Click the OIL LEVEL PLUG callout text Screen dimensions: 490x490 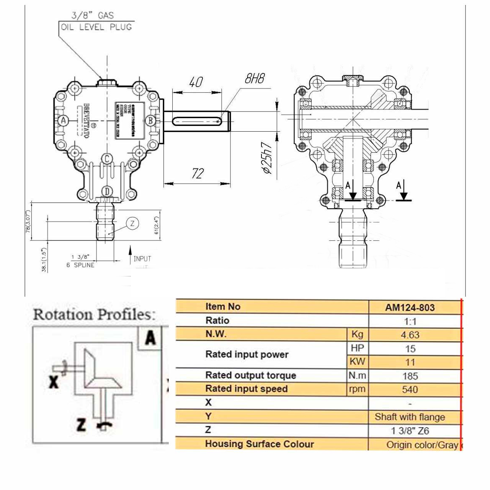[96, 27]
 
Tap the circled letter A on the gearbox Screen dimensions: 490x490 [64, 121]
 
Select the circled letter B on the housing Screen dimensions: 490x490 [150, 121]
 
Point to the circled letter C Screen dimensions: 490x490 [107, 159]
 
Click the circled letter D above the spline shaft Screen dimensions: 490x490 [107, 191]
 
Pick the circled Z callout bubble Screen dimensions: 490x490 [132, 224]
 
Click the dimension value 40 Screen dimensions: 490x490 [196, 82]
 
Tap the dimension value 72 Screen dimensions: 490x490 [197, 174]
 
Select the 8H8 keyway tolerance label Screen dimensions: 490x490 [255, 79]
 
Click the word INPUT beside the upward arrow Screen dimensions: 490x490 [142, 259]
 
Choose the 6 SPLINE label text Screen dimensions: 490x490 [80, 265]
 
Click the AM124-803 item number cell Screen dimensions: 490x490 [410, 307]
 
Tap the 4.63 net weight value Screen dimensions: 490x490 [410, 335]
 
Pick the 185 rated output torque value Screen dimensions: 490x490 [410, 376]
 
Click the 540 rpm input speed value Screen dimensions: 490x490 [410, 390]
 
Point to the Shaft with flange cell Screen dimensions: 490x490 [410, 417]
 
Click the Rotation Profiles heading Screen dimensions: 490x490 [95, 315]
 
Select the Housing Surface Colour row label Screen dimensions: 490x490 [260, 444]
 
